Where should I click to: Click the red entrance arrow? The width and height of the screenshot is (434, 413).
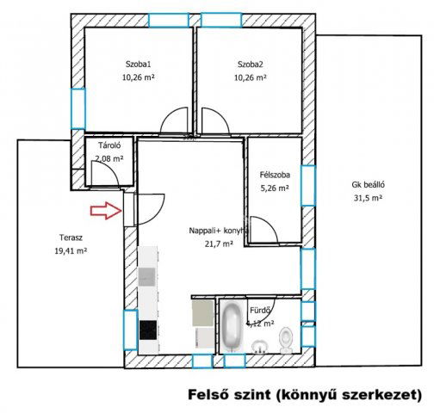[107, 210]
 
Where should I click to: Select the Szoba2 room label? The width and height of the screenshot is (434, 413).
[251, 63]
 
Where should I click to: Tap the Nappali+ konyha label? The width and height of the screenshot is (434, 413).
[219, 231]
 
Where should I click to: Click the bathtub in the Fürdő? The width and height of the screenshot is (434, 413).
[232, 328]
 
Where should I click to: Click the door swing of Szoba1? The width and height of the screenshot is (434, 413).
[175, 121]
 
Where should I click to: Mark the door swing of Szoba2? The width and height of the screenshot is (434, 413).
[213, 121]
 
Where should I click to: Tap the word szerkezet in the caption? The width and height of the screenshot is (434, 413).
[383, 395]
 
